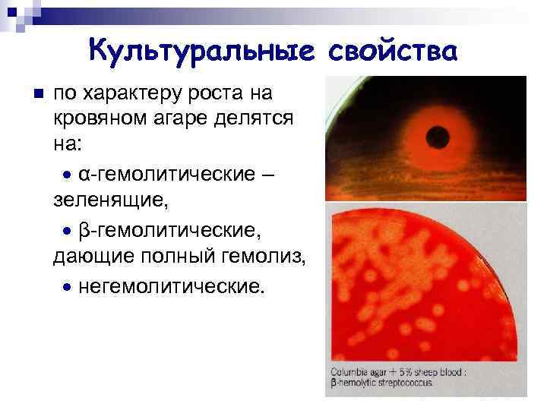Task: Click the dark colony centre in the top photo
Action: click(438, 137)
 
